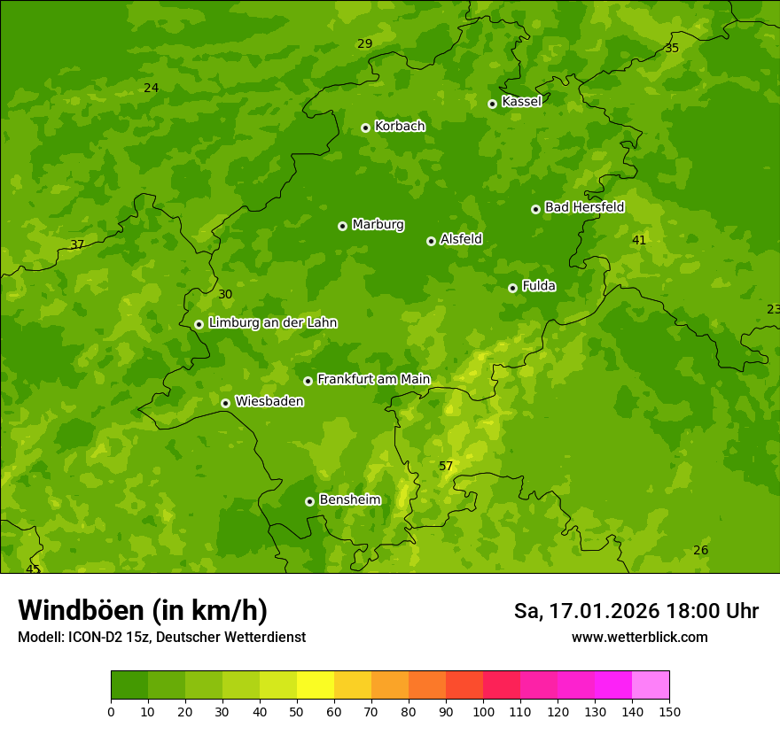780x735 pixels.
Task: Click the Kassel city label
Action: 521,102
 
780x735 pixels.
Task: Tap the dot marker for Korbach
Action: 365,128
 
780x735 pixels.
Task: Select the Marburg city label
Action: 378,225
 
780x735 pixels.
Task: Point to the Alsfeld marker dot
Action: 431,241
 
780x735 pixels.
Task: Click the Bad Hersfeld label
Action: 584,207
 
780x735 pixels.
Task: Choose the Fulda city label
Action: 538,286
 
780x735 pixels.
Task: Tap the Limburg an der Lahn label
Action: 272,323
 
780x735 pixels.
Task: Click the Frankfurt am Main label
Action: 373,380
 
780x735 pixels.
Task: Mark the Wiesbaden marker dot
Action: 225,403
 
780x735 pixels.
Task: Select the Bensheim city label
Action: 349,500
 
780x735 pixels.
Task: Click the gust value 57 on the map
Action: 446,467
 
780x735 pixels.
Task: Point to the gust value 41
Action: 639,241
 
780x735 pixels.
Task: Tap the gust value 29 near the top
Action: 365,44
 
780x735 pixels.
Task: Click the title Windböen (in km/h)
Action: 143,610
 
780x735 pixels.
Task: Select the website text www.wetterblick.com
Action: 639,638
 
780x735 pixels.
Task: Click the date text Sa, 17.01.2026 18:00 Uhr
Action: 636,611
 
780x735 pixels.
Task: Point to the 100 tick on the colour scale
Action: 483,711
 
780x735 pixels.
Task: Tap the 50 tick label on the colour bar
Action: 297,711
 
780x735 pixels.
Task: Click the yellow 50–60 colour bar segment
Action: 316,685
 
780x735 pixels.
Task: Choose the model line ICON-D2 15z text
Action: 161,638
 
